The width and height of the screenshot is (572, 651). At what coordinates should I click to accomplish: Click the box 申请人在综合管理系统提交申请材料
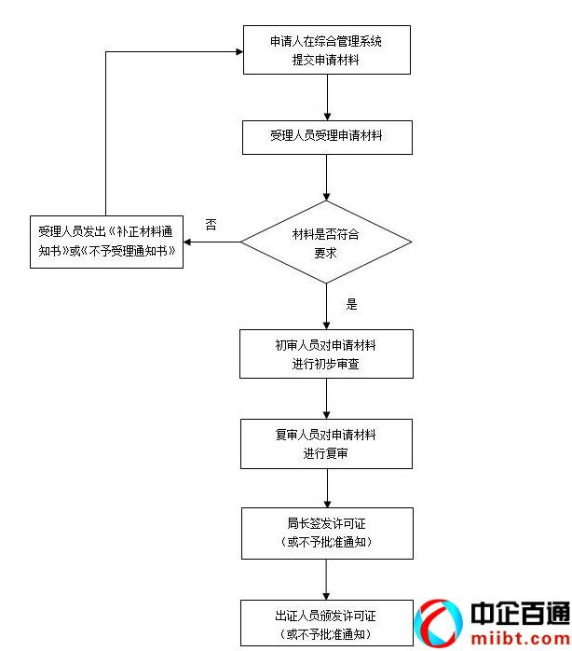click(x=326, y=50)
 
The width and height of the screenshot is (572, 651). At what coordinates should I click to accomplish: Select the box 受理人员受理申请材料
click(x=326, y=136)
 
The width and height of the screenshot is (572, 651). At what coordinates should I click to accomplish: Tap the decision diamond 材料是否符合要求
click(x=326, y=243)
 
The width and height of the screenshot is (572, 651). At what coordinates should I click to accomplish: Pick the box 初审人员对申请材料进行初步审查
click(x=326, y=354)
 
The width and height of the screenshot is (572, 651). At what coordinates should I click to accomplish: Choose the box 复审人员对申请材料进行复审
click(x=326, y=444)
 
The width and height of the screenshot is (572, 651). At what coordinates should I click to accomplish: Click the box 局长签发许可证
click(x=326, y=533)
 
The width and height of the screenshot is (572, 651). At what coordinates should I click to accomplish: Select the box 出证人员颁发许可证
click(x=326, y=623)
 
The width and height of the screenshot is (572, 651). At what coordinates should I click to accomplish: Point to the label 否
click(x=211, y=225)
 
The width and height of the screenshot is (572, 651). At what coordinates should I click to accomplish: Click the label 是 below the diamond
click(x=351, y=304)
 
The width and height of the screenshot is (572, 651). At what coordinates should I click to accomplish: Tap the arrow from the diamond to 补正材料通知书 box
click(x=211, y=243)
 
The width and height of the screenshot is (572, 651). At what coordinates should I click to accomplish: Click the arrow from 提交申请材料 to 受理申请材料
click(x=327, y=97)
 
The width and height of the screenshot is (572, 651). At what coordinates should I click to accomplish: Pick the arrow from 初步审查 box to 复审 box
click(x=327, y=398)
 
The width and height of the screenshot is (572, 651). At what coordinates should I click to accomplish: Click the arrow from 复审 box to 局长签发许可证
click(x=327, y=488)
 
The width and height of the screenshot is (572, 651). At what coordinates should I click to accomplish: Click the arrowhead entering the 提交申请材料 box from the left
click(x=237, y=51)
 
